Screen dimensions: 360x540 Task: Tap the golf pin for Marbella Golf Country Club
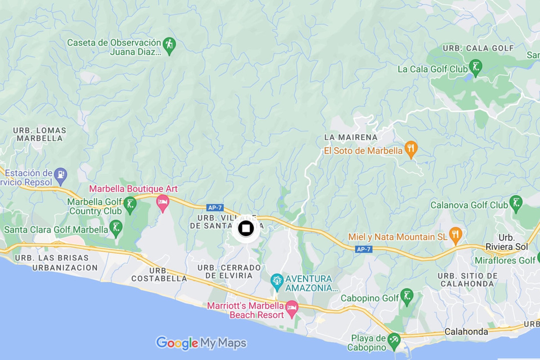click(130, 205)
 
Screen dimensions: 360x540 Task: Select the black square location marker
click(246, 228)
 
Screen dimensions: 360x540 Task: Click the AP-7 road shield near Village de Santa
click(215, 208)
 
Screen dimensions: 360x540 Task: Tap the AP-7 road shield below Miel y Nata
click(363, 249)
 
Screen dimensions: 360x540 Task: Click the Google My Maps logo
click(201, 343)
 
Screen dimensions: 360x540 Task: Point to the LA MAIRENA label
click(351, 138)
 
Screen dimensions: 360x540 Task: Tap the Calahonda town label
click(466, 332)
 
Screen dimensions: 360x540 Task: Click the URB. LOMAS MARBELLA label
click(40, 134)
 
